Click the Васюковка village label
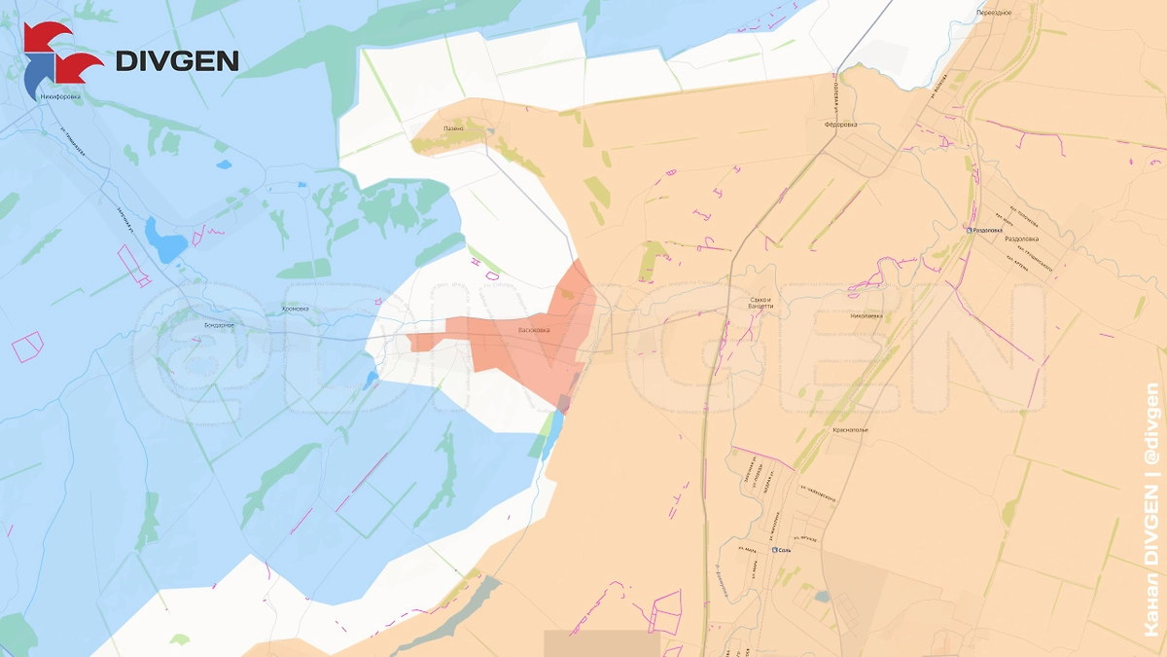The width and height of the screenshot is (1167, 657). [532, 330]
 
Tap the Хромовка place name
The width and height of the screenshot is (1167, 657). [295, 310]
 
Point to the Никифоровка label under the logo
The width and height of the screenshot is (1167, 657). [61, 96]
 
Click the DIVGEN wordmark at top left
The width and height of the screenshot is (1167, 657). [177, 60]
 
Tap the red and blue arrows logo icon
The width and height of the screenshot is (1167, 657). [60, 54]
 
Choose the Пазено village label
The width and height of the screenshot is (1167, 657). [453, 128]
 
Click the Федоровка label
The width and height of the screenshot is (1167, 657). [840, 125]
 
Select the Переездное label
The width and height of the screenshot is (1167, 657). [994, 13]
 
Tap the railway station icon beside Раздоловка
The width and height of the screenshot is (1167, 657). [970, 230]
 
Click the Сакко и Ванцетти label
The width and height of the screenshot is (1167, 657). [761, 303]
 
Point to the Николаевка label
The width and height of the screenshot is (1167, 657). [866, 316]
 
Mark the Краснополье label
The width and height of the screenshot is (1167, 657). [849, 429]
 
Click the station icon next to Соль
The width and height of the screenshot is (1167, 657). [775, 550]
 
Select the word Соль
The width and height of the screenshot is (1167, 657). [787, 550]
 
